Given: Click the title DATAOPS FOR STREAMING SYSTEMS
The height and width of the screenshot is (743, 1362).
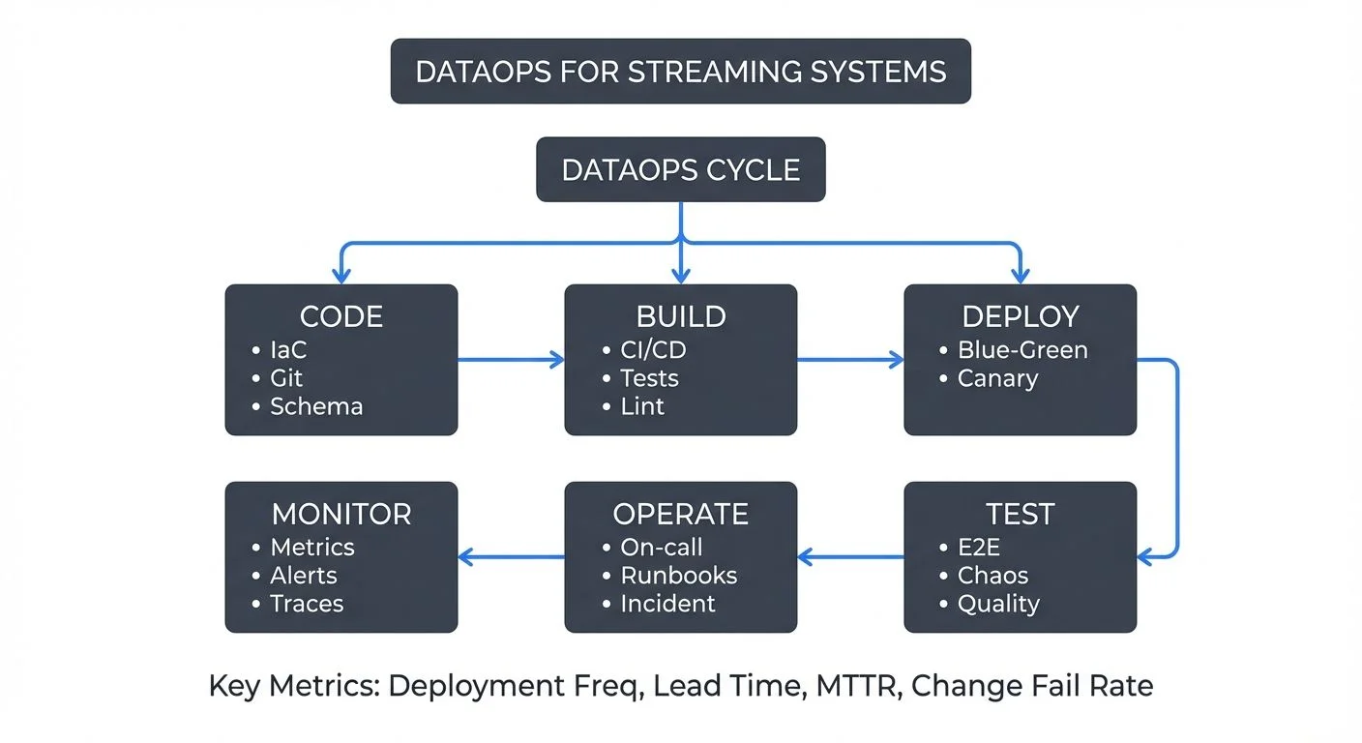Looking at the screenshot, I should [x=680, y=72].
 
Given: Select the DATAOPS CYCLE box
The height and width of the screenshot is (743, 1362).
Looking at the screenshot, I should [x=680, y=170].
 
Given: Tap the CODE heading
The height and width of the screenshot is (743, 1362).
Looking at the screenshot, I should [x=340, y=316].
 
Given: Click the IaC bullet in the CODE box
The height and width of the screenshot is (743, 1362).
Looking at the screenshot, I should [x=287, y=350].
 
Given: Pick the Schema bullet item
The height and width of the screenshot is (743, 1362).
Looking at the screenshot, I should [x=315, y=406].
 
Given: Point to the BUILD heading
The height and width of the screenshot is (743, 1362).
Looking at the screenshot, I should [x=680, y=316].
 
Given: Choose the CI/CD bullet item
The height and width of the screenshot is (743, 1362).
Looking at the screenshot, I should [x=652, y=350].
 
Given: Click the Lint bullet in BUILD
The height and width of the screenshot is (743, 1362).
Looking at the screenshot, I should [x=641, y=406].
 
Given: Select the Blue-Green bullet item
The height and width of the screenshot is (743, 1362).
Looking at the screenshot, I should [x=1021, y=350].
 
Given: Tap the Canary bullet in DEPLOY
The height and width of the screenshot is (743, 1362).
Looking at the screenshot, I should [x=996, y=378].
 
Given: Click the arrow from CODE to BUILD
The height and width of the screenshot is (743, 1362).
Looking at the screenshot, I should [x=510, y=361].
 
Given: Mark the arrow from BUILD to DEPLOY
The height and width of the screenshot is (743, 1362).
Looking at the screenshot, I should [x=849, y=361].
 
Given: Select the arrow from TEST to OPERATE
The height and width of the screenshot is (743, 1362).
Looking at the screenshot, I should [x=850, y=556].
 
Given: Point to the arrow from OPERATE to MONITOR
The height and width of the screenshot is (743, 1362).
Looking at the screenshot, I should [x=511, y=556].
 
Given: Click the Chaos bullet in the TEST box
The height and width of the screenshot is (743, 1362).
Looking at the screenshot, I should [x=992, y=576].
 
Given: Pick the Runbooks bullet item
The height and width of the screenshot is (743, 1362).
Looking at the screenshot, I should [x=677, y=576].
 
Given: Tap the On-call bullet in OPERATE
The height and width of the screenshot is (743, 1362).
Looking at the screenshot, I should [x=661, y=548].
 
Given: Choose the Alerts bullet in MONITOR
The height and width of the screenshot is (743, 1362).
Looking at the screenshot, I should [x=303, y=576].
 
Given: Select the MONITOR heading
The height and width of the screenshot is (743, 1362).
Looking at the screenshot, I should [x=340, y=514].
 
